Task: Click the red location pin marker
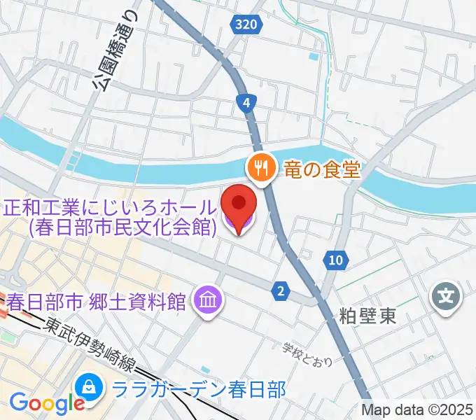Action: pyautogui.click(x=238, y=205)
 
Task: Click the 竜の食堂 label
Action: pyautogui.click(x=321, y=168)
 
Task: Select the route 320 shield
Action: pyautogui.click(x=246, y=24)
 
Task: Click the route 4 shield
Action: pyautogui.click(x=246, y=104)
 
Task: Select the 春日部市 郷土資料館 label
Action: pyautogui.click(x=97, y=302)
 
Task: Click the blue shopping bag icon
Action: pyautogui.click(x=90, y=386)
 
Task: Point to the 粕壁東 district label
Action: pyautogui.click(x=369, y=316)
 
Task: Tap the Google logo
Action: pyautogui.click(x=47, y=403)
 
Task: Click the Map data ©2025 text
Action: pyautogui.click(x=418, y=410)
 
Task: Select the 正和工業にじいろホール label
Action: pyautogui.click(x=111, y=207)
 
